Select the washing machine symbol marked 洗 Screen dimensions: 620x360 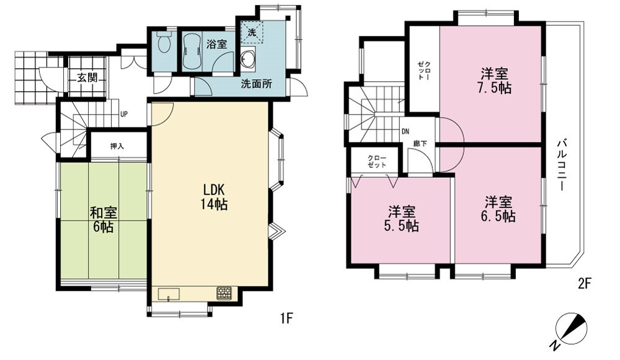coord(252,32)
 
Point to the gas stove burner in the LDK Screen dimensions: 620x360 coord(224,293)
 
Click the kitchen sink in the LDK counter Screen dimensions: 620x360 coord(169,294)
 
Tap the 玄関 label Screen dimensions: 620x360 coord(87,77)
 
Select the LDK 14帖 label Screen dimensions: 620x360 coord(213,196)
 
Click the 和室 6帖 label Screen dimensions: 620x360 coord(103,220)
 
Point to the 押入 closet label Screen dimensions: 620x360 coord(117,146)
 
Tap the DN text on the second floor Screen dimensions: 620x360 coord(405,132)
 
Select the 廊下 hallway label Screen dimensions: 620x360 coord(420,144)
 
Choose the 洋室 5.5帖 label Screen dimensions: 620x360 coord(401,219)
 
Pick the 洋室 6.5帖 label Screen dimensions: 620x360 coord(498,209)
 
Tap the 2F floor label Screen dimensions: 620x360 coord(584,283)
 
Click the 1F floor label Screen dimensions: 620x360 coord(286,318)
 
